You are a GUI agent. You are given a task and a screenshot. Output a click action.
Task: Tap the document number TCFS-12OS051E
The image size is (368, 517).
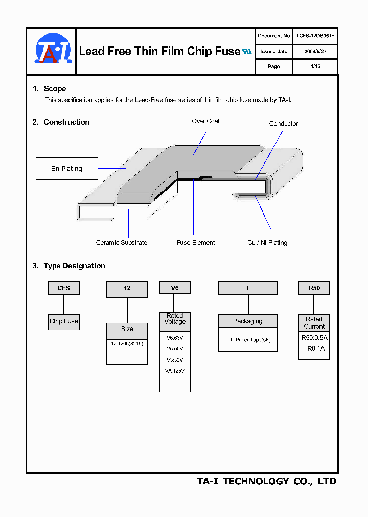(x=314, y=36)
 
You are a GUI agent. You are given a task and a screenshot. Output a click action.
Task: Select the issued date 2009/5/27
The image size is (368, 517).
(x=314, y=52)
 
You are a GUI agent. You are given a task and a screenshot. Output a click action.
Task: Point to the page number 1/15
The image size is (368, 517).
(x=315, y=67)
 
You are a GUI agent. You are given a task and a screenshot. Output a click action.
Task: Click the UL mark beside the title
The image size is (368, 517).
(x=247, y=52)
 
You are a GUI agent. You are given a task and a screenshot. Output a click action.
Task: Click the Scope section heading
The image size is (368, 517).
(x=55, y=89)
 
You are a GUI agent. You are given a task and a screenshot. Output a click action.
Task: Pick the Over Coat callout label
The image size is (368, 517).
(x=206, y=121)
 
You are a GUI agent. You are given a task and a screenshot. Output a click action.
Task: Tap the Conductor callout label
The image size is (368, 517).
(x=283, y=124)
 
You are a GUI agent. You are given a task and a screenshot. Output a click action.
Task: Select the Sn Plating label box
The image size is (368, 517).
(x=66, y=169)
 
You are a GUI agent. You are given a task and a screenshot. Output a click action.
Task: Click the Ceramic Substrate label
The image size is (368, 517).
(x=122, y=243)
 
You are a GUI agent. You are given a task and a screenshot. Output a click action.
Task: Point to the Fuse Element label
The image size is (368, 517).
(x=195, y=243)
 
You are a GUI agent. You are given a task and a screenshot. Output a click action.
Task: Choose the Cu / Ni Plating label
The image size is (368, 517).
(x=267, y=243)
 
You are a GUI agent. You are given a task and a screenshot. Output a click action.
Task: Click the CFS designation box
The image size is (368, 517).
(x=63, y=288)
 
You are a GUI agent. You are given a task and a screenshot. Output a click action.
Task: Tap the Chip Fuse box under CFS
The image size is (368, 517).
(x=63, y=321)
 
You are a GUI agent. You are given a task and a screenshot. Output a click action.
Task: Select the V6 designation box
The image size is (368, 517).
(x=175, y=288)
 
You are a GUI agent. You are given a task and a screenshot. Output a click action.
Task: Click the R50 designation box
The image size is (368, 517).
(x=314, y=288)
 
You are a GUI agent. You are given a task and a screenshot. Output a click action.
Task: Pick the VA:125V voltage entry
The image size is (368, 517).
(x=175, y=371)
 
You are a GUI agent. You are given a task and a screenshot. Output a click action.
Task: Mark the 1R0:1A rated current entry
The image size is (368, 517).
(x=314, y=349)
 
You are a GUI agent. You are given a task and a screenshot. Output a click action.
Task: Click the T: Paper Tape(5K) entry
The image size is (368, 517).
(x=247, y=340)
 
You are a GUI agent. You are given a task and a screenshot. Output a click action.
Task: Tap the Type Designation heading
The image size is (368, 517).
(x=74, y=266)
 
